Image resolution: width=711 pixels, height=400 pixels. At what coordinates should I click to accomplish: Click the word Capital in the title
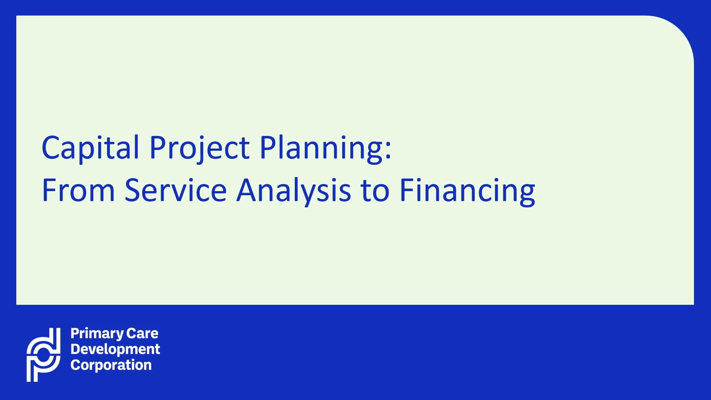(90, 147)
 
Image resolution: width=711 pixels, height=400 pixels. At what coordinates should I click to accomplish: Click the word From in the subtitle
(79, 190)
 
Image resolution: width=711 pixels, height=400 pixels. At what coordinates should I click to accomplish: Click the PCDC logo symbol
(44, 354)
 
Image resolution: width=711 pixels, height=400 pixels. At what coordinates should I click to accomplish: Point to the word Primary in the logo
(97, 334)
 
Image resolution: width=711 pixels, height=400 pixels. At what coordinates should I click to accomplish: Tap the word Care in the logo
(142, 333)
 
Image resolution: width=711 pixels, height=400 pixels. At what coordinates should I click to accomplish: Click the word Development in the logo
(115, 349)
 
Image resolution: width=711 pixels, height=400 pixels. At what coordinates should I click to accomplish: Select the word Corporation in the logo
(111, 365)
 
